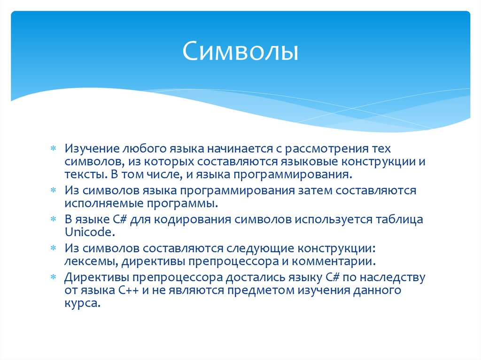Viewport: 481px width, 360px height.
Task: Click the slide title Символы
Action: coord(240,52)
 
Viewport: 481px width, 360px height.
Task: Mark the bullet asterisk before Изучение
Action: coord(54,149)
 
